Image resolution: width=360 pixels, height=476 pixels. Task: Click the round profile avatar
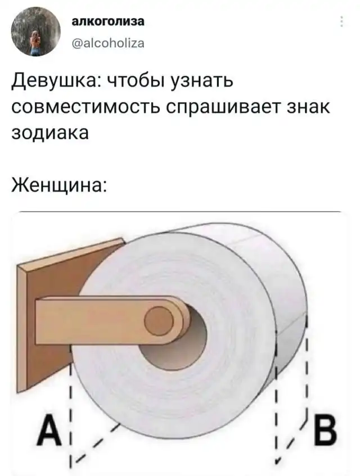pyautogui.click(x=36, y=32)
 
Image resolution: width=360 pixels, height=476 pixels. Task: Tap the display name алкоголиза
pyautogui.click(x=108, y=21)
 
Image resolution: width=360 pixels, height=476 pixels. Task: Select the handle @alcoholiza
pyautogui.click(x=108, y=44)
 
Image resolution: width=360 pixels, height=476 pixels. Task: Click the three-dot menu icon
pyautogui.click(x=342, y=21)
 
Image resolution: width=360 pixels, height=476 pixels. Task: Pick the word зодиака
pyautogui.click(x=50, y=133)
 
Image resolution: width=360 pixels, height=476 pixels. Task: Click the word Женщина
pyautogui.click(x=59, y=184)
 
